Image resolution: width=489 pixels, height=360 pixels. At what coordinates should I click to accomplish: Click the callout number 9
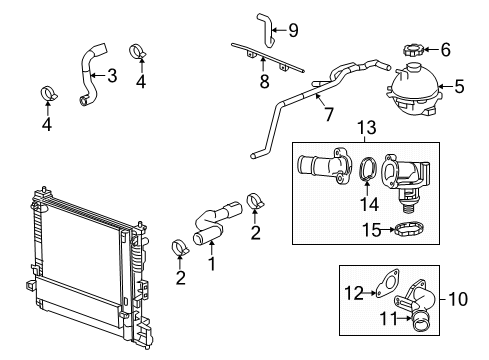[x=293, y=29]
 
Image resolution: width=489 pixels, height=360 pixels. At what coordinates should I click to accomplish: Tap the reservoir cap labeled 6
[x=411, y=50]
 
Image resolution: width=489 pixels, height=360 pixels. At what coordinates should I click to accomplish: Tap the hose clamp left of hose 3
[x=46, y=94]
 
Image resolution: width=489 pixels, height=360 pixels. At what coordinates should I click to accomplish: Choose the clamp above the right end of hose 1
[x=253, y=205]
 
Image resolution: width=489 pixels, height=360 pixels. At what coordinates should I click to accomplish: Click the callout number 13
[x=366, y=129]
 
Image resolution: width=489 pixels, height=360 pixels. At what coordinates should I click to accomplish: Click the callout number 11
[x=385, y=320]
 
